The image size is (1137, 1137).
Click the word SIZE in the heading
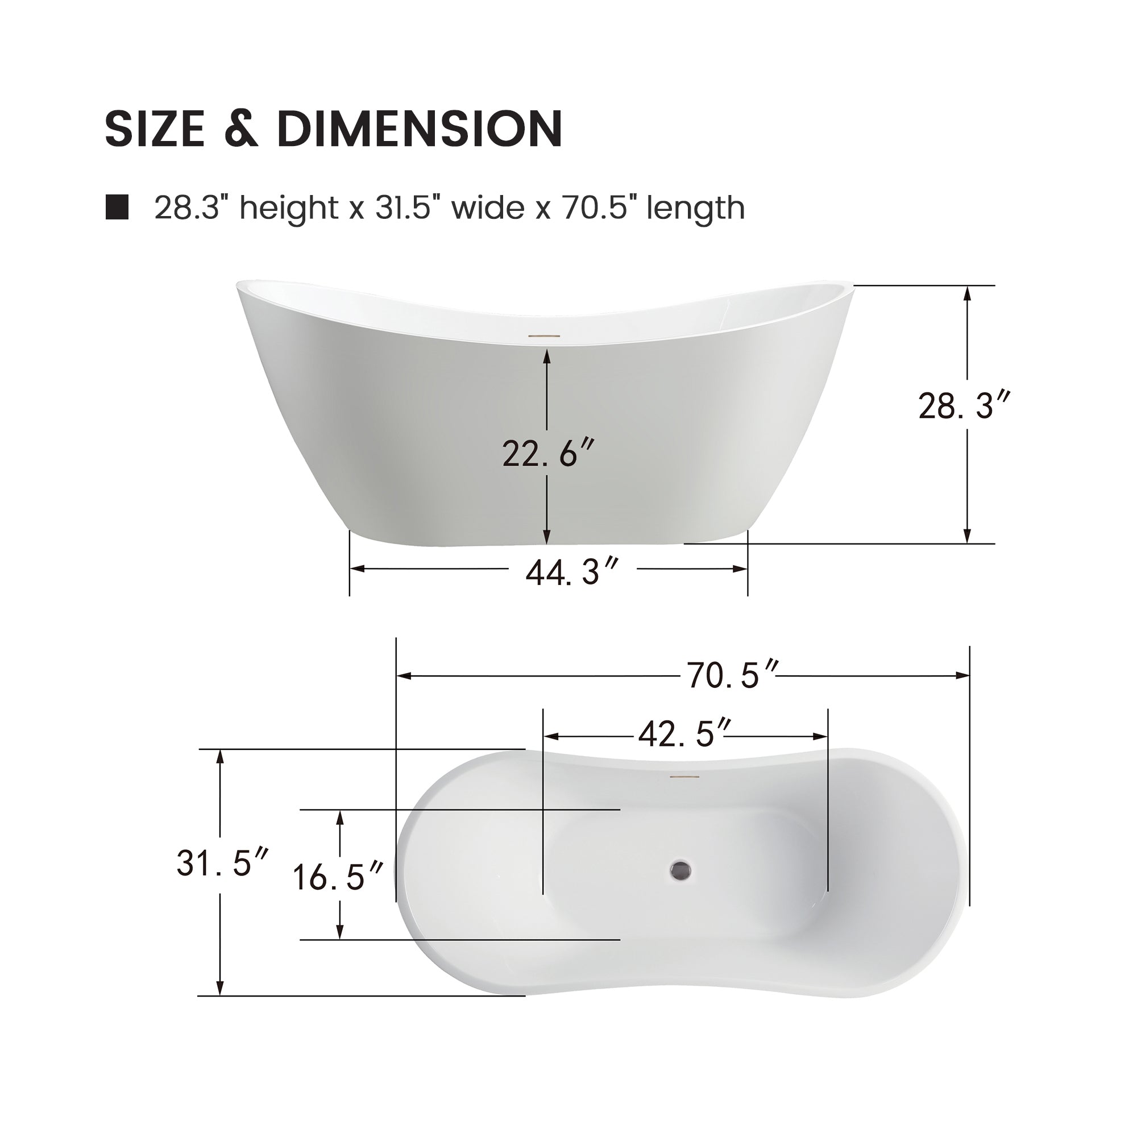coord(154,128)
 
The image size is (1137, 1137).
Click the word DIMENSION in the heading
coord(419,128)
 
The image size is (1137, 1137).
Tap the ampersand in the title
coord(241,128)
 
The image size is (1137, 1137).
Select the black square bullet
coord(117,207)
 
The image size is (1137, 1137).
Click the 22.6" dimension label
coord(545,454)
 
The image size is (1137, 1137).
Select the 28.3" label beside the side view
coord(964,406)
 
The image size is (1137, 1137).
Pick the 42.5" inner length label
coord(685,735)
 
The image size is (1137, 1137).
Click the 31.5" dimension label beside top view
coord(222,864)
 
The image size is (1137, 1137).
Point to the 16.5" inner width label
coord(338,877)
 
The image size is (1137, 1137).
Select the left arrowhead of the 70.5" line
coord(403,676)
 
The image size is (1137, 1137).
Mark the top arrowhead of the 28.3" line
coord(966,292)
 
